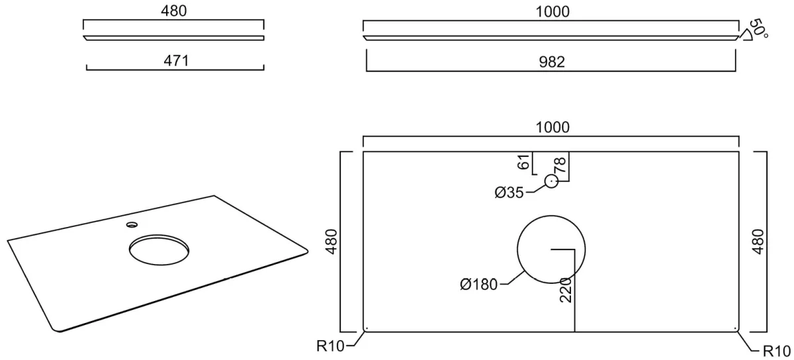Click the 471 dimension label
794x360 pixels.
pos(176,61)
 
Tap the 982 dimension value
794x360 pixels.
pos(552,62)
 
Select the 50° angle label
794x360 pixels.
pos(758,28)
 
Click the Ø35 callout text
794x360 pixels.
pos(509,193)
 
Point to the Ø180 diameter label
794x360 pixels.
pos(479,285)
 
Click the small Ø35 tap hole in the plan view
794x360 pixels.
pos(551,181)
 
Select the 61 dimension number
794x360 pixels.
pos(524,161)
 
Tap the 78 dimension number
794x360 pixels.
pos(560,165)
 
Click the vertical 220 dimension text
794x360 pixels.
pos(566,290)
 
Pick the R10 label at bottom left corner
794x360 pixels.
pos(330,346)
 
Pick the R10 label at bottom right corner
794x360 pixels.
pos(776,351)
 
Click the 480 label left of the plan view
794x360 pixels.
pos(331,242)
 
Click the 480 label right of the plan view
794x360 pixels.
pos(758,242)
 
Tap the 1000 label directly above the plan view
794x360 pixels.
pos(552,127)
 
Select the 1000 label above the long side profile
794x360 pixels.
pos(552,12)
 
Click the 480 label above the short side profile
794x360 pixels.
pos(173,11)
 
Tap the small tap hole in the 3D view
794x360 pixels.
pos(132,224)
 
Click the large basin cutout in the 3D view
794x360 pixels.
pos(159,249)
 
